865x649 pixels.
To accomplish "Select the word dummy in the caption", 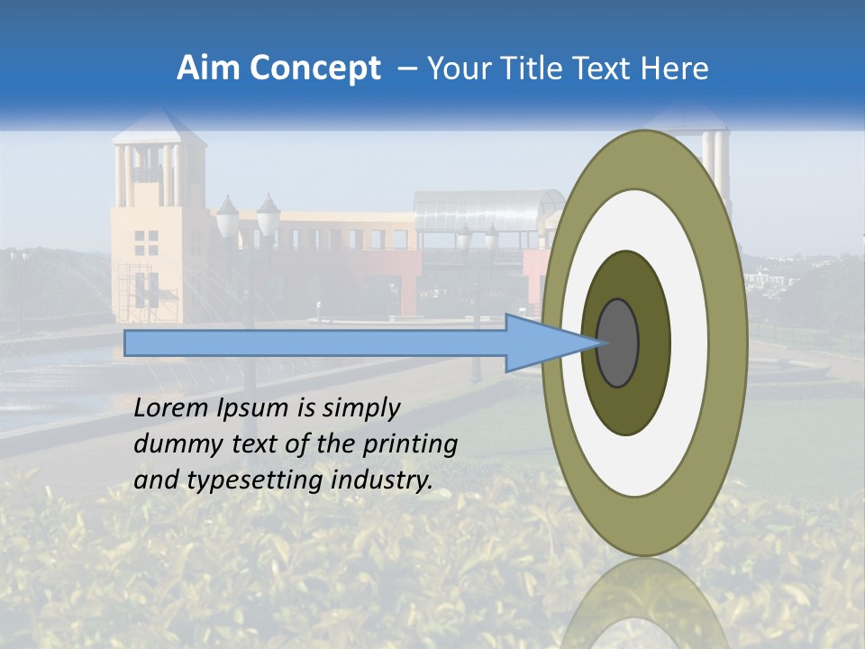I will click(x=169, y=444).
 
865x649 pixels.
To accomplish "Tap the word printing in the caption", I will click(x=410, y=444).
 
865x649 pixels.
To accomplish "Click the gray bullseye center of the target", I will click(x=618, y=343).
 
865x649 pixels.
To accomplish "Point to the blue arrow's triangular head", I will click(x=541, y=343).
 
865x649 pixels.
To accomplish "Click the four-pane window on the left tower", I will click(x=146, y=242).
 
